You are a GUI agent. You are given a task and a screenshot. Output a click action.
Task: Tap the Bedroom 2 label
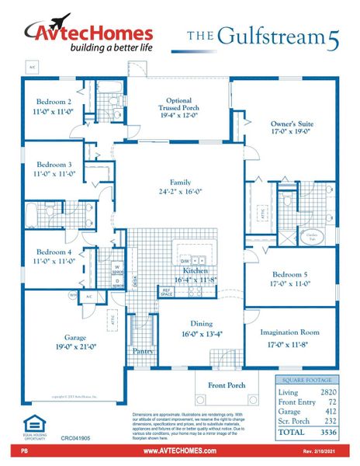coord(54,102)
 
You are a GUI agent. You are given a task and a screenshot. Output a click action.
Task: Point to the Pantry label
coord(143,351)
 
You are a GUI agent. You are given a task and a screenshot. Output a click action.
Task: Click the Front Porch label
coord(226,384)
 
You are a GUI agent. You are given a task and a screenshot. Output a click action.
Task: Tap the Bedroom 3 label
coord(54,165)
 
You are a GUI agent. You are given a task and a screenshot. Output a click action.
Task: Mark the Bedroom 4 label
coord(54,252)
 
